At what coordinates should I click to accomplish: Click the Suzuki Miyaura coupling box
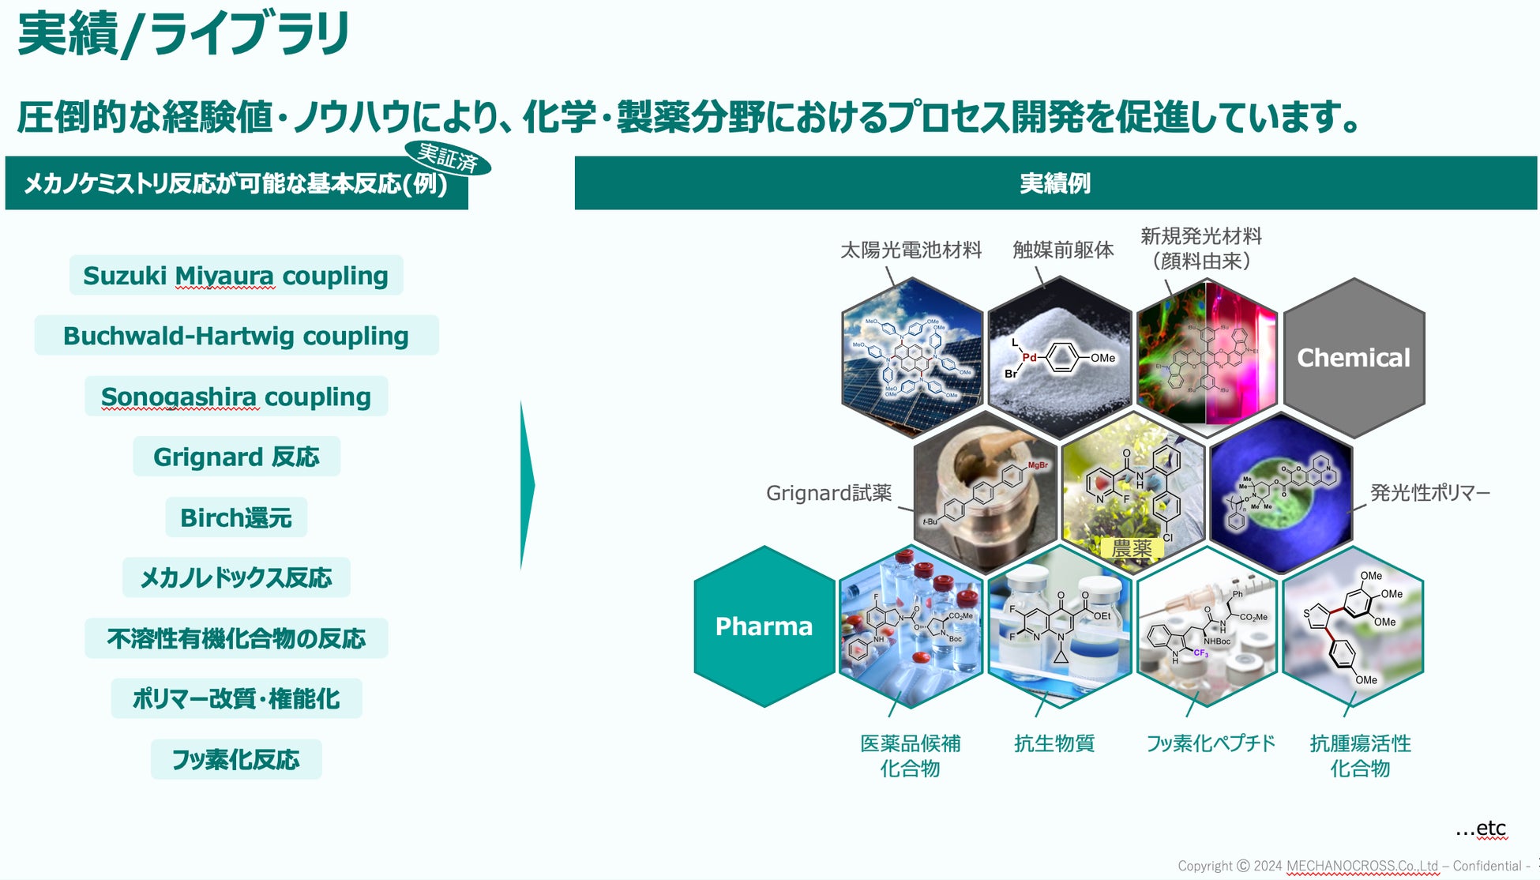pos(235,276)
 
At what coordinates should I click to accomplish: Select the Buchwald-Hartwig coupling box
pos(235,336)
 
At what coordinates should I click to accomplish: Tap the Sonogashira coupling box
pos(235,397)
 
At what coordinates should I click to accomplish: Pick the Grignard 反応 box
pos(235,457)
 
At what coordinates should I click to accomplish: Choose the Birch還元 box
pos(235,517)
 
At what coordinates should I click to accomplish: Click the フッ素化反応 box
pos(235,759)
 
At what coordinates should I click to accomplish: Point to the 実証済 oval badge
pos(447,158)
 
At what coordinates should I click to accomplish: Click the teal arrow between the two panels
pos(527,485)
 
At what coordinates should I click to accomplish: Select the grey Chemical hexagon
pos(1354,358)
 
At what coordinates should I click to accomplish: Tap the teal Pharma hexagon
pos(764,626)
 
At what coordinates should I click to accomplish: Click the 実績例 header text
pos(1055,183)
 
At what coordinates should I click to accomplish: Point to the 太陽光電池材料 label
pos(911,250)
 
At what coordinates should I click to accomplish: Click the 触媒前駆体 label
pos(1063,250)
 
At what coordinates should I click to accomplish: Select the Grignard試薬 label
pos(828,493)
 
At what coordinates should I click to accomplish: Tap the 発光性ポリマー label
pos(1429,493)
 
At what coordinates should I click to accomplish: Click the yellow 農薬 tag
pos(1131,547)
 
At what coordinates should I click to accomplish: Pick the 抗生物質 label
pos(1054,743)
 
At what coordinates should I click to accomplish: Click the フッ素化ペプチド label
pos(1210,743)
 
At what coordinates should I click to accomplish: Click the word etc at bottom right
pos(1490,828)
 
